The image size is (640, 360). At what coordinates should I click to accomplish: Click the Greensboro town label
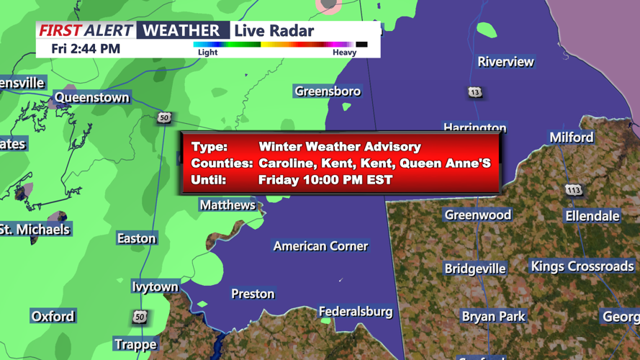coord(328,91)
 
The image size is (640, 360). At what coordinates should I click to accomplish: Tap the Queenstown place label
coord(92,97)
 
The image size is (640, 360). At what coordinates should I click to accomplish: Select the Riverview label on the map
coord(505,62)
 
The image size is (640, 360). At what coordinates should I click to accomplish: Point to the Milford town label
coord(572,137)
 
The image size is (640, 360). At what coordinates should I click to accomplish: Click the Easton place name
coord(136,238)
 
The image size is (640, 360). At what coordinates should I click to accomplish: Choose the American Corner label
coord(320,246)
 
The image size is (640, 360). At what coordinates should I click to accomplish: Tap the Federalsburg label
coord(356,312)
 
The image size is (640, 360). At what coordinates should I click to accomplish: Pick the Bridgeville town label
coord(475,269)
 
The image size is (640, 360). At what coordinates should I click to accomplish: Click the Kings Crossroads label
coord(582,266)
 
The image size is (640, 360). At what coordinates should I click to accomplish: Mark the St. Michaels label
coord(35,230)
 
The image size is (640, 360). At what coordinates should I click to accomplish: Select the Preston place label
coord(253,294)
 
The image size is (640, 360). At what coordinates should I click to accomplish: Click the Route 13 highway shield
coord(474,92)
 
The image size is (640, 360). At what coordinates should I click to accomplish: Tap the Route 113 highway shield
coord(573,190)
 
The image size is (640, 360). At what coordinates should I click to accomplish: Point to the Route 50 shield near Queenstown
coord(165,117)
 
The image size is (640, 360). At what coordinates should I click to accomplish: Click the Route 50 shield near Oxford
coord(140,317)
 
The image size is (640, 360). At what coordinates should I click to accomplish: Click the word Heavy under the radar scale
coord(344,53)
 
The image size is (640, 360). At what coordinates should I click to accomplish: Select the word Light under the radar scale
coord(207,53)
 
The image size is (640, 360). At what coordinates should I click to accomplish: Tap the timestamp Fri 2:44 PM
coord(86,49)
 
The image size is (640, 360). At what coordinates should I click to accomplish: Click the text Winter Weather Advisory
coord(340,147)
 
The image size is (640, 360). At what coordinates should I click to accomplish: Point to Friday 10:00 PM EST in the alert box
coord(325,180)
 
